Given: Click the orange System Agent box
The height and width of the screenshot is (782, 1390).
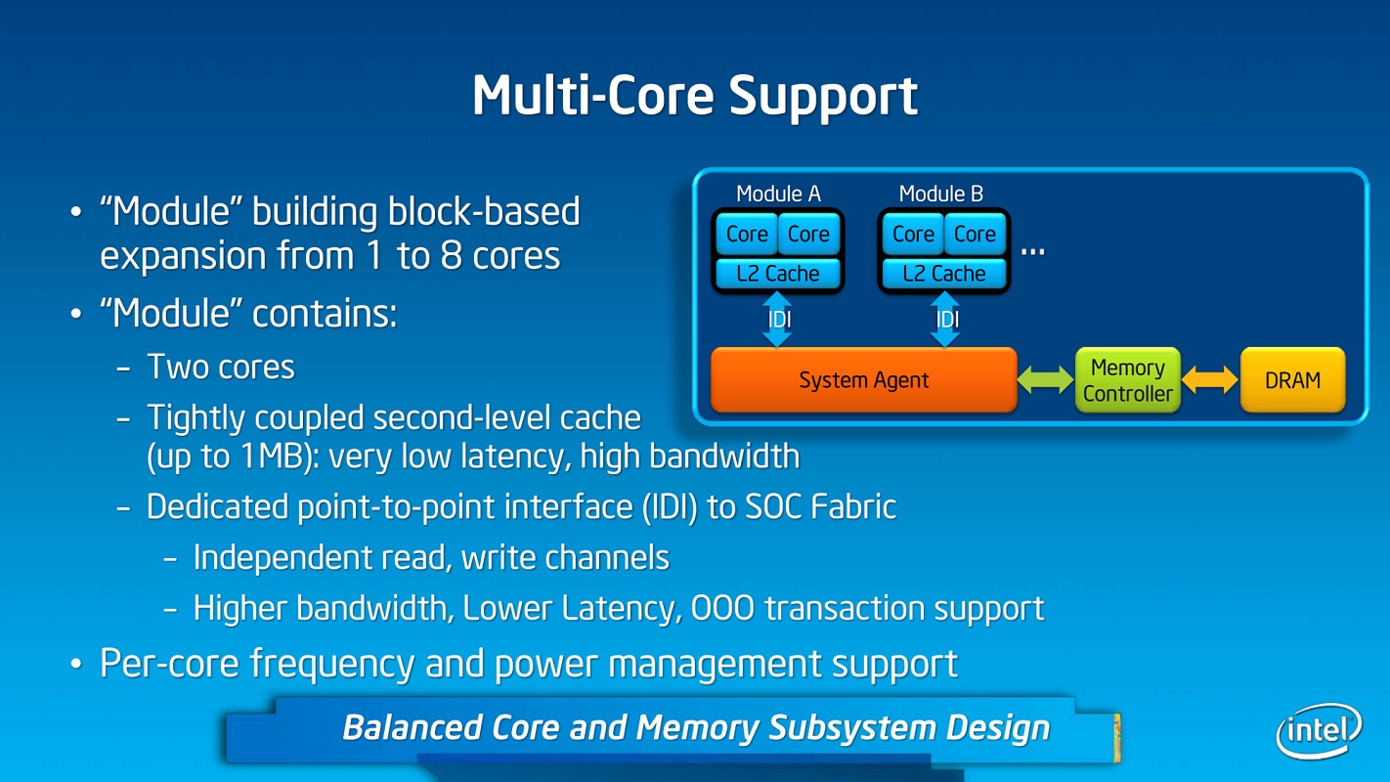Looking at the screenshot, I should coord(864,380).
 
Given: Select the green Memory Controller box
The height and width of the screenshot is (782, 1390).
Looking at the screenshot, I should coord(1127,380).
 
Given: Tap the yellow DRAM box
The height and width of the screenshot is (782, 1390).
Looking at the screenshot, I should coord(1292,380).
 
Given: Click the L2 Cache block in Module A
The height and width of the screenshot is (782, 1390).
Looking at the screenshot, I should coord(777,274).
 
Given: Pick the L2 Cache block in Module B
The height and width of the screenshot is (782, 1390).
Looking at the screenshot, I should coord(943,274).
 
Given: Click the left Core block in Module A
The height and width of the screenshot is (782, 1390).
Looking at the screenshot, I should coord(747,235).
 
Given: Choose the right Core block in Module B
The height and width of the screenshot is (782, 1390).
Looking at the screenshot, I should coord(975,235).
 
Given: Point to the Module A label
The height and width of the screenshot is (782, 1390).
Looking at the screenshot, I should coord(778,194).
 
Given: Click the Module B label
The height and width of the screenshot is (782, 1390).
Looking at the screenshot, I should coord(940,194).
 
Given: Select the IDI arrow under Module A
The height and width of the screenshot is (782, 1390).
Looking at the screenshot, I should coord(778,320).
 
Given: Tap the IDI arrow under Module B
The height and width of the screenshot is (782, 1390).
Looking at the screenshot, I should coord(945,320).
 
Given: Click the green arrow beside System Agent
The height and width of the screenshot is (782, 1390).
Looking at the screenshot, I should coord(1045,380).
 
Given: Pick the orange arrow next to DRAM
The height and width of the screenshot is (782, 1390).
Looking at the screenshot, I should coord(1210,380).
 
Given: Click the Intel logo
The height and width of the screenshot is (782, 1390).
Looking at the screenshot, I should coord(1319,729).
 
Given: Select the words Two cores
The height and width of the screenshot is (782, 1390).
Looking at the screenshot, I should coord(221,367).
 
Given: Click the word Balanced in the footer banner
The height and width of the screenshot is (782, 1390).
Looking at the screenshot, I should coord(412,728).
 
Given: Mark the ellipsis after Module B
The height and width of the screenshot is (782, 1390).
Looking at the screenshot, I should coord(1032,250).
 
